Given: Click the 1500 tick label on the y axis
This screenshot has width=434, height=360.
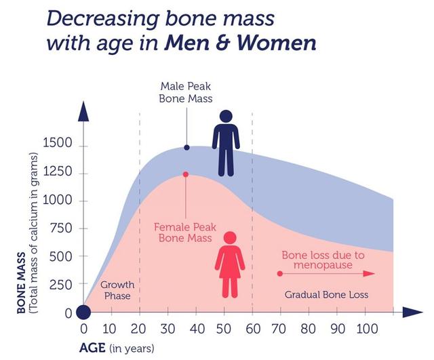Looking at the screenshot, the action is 58,143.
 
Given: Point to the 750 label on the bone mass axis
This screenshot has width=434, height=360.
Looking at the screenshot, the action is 61,228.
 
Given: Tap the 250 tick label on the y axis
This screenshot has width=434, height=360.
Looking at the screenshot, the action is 61,285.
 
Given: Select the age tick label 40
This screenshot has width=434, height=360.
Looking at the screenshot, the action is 197,329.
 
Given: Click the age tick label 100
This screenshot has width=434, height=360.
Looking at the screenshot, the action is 367,329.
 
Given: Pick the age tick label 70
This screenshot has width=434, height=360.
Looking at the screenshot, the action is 279,329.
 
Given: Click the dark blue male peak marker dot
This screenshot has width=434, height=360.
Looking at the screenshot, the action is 187,148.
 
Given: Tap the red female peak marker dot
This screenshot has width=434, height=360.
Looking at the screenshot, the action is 186,174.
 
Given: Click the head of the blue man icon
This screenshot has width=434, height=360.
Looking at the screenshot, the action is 226,117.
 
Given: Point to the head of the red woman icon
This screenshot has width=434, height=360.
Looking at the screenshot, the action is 230,238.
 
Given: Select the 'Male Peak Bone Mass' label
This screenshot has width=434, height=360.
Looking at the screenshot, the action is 186,92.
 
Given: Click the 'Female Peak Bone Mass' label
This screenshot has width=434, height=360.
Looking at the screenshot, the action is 185,233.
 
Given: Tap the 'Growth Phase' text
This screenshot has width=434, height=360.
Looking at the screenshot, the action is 117,290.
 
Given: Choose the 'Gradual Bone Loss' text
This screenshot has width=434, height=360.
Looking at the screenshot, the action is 327,294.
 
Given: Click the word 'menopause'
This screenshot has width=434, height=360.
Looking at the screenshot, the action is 323,265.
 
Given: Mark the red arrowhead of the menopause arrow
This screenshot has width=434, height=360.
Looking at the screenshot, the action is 369,274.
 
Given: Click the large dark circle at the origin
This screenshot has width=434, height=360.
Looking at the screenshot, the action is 83,312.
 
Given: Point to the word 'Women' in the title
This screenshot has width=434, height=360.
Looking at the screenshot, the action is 276,43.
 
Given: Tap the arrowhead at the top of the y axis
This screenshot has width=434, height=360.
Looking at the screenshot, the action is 83,111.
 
